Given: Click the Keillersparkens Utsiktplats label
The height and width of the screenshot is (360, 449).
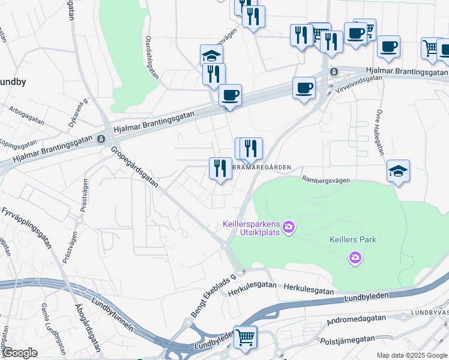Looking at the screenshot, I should [x=251, y=228].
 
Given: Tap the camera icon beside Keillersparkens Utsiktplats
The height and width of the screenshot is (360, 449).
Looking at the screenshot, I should [x=289, y=227].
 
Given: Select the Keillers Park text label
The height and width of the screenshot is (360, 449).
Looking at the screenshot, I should [x=353, y=239].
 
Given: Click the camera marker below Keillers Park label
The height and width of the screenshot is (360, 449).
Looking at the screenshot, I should [x=355, y=258].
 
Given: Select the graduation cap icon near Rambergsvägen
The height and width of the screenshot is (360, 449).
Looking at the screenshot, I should [x=399, y=171].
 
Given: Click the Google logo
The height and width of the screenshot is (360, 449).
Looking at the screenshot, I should [x=19, y=353].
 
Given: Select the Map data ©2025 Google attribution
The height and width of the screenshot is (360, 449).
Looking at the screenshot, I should [x=412, y=355].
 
